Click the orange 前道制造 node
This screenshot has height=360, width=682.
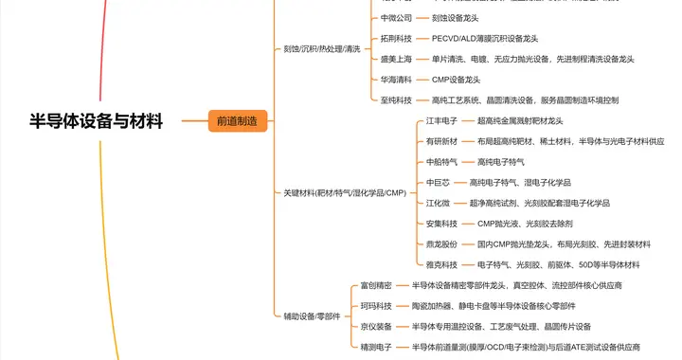238,121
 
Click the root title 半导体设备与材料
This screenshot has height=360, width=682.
97,121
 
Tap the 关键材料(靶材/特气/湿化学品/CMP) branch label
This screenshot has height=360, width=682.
345,192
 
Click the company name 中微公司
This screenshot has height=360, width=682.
396,17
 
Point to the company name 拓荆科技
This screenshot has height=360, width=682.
396,38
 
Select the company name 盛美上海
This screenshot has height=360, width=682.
396,59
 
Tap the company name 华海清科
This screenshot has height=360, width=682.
396,79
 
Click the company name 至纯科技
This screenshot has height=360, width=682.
396,99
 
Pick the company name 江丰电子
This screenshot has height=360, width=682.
442,120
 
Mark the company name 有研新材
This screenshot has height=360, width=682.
442,141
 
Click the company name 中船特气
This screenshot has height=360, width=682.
442,162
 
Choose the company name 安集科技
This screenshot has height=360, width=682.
442,224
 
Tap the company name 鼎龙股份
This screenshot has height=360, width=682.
442,243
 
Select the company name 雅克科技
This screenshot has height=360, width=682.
442,264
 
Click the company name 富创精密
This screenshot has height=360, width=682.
376,285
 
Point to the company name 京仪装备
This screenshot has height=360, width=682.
376,326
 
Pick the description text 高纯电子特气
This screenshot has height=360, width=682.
501,162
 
